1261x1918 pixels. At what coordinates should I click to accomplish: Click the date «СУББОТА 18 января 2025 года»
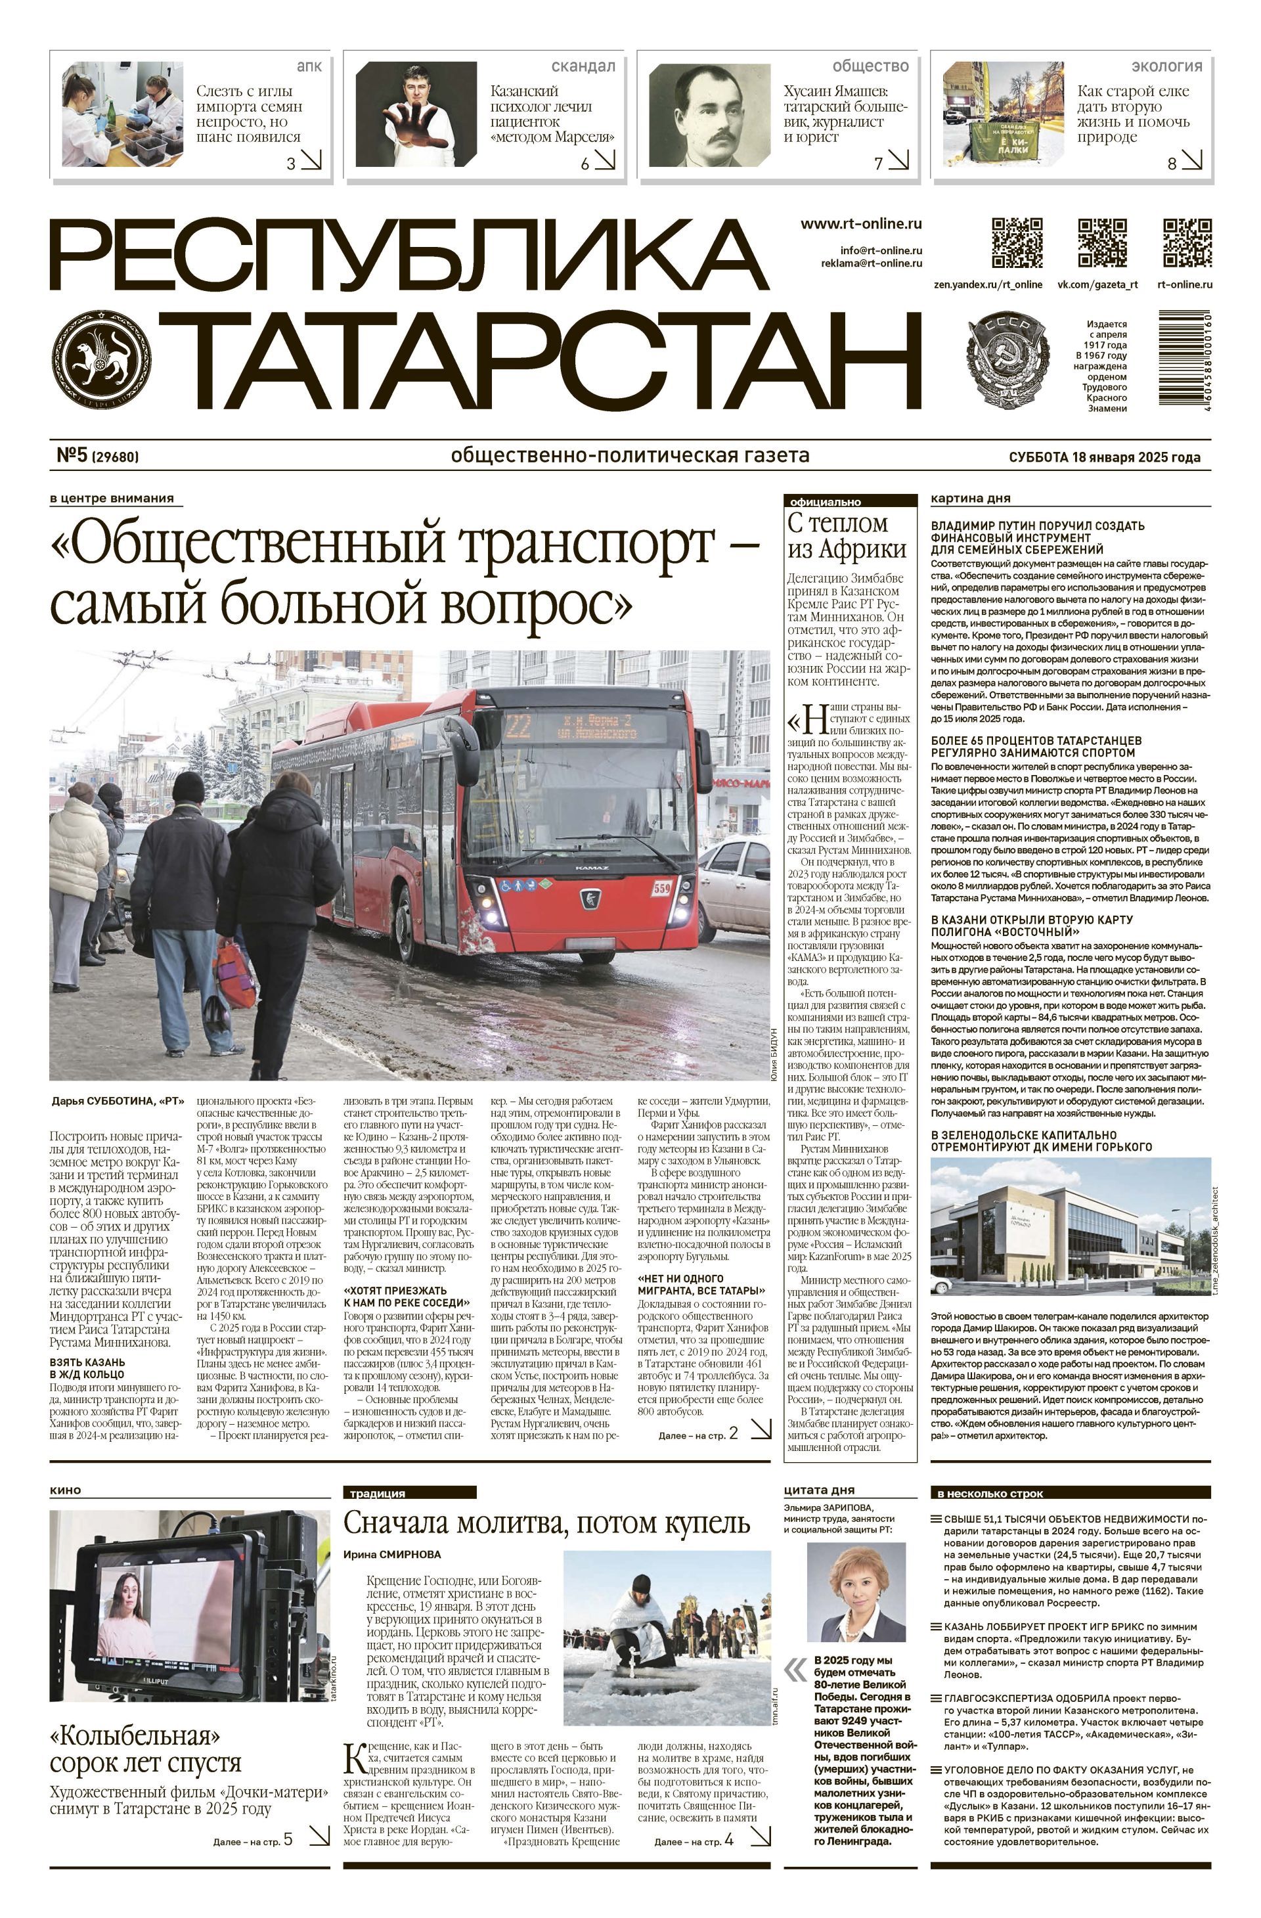(1104, 457)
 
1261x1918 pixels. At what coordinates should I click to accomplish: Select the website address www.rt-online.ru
(860, 224)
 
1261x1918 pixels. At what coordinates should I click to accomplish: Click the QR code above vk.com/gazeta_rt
(1101, 242)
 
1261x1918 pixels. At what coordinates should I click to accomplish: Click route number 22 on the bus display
(518, 727)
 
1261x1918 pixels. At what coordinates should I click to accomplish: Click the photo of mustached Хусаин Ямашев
(706, 114)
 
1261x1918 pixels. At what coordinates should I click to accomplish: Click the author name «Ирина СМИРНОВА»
(391, 1553)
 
